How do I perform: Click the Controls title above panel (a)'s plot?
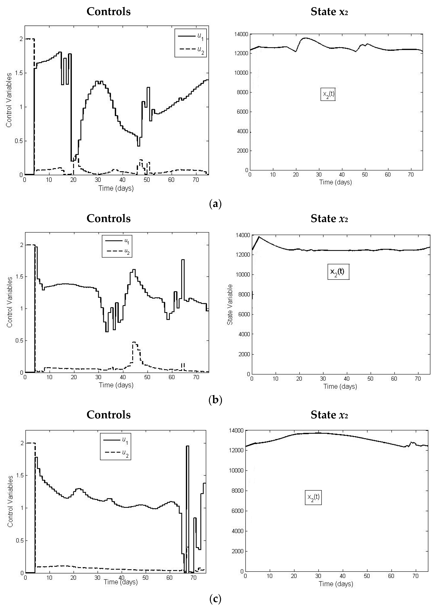[109, 12]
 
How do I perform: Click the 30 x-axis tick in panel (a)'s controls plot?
[98, 180]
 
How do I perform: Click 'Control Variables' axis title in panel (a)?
[9, 100]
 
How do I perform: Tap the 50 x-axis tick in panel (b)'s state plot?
[370, 379]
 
